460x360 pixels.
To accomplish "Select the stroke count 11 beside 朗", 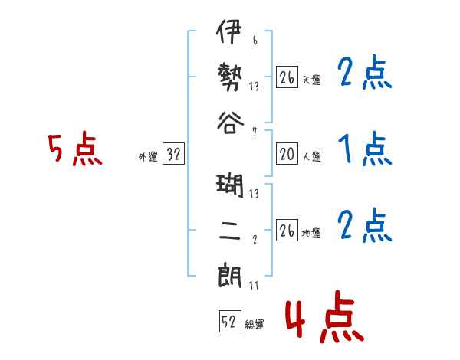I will coord(254,286).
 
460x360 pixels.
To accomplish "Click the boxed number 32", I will coord(173,155).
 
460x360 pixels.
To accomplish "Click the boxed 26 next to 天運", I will coord(287,78).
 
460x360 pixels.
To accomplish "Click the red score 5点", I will coord(74,149).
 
